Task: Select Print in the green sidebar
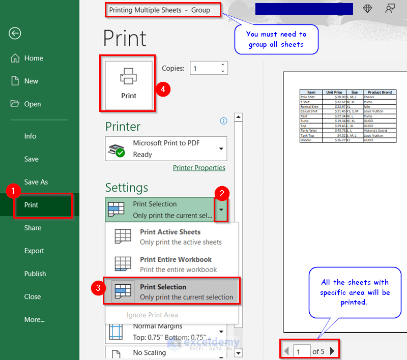click(x=32, y=205)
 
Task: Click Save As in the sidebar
click(x=36, y=182)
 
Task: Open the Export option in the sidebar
click(x=35, y=251)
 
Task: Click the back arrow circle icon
click(x=15, y=34)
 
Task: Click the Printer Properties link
click(x=199, y=168)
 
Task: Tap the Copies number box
click(x=205, y=68)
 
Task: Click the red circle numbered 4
click(x=163, y=89)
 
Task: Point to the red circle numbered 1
click(x=12, y=191)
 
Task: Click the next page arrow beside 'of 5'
click(x=333, y=351)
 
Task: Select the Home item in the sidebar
click(x=34, y=58)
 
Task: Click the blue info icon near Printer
click(x=223, y=121)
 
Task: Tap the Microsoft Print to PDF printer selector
click(x=166, y=149)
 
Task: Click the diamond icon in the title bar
click(x=367, y=9)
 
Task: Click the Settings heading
click(x=127, y=187)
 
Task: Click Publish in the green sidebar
click(x=35, y=274)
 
